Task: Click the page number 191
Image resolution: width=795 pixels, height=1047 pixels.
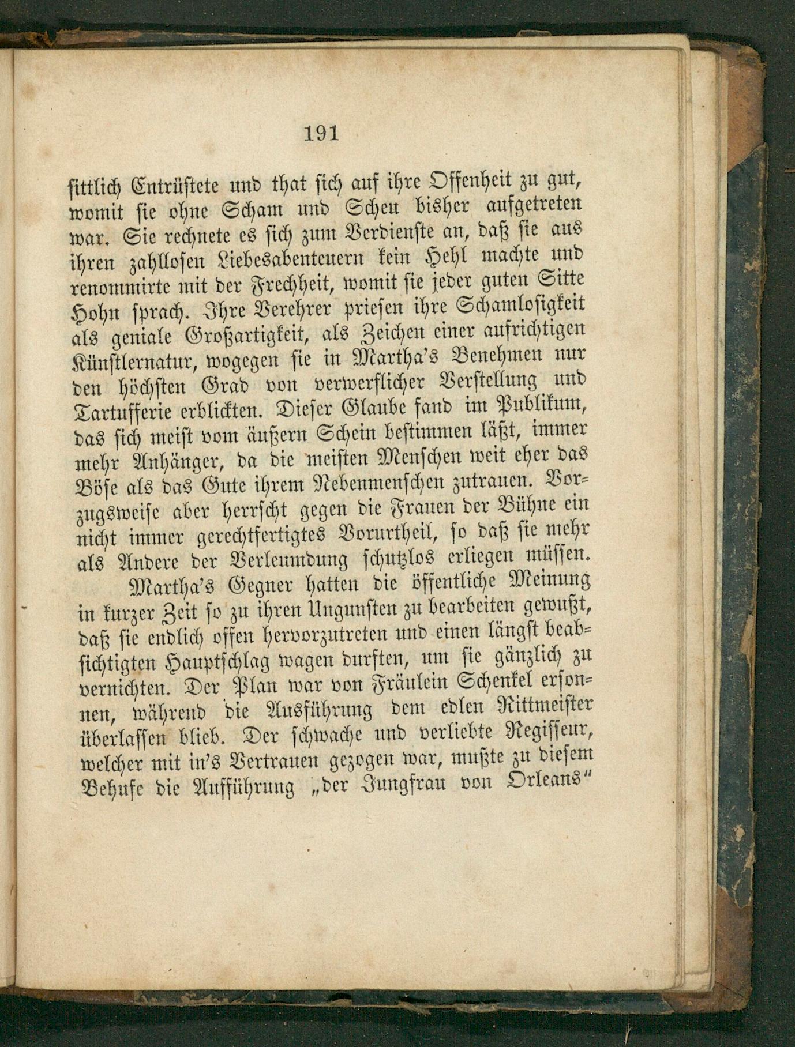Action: (x=321, y=134)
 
